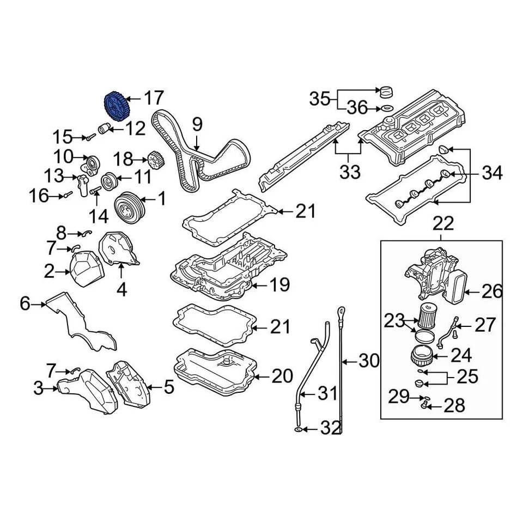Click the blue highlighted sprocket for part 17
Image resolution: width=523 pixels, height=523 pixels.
tap(115, 106)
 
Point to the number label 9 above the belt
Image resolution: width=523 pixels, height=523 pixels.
tap(197, 124)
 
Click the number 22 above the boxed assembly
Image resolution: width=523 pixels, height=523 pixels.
tap(443, 223)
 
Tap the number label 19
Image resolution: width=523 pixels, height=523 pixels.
tap(278, 284)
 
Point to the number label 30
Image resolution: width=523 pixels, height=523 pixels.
tap(369, 361)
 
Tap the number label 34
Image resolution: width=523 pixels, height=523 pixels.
tap(492, 174)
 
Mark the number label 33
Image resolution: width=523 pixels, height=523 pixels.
tap(350, 173)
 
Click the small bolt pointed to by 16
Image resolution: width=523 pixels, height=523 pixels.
tap(67, 194)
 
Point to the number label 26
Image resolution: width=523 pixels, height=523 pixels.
tap(491, 292)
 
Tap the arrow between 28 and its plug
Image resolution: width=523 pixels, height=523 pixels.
tap(434, 406)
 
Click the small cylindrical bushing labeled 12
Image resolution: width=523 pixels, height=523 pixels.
tap(104, 129)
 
